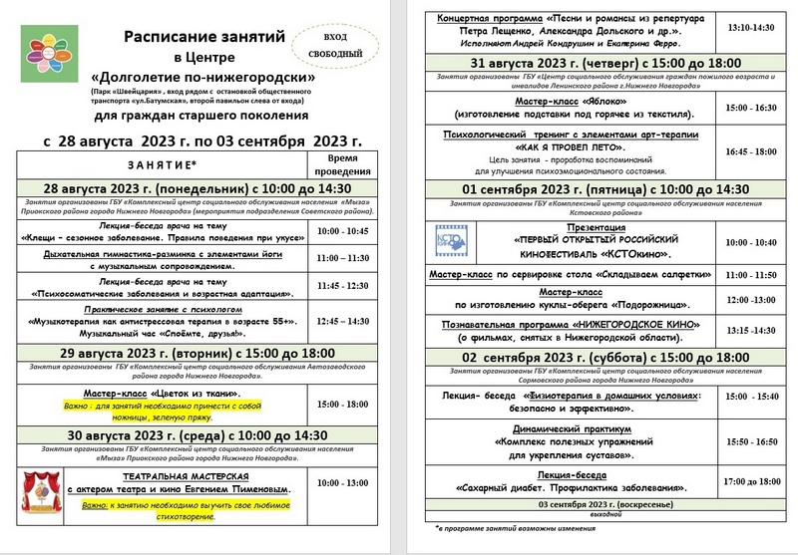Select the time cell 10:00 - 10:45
pyautogui.click(x=342, y=231)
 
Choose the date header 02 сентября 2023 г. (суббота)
pyautogui.click(x=592, y=358)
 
